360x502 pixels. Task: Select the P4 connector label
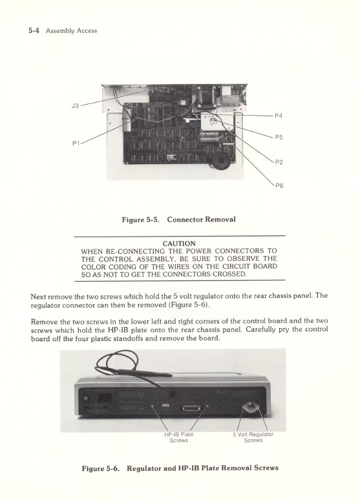tap(279, 116)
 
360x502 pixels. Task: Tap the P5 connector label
tap(279, 137)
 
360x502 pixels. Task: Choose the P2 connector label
tap(279, 162)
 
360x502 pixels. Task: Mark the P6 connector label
tap(279, 185)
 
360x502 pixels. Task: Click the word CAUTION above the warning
tap(179, 244)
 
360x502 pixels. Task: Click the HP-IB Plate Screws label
tap(178, 437)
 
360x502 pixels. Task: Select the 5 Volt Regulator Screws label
tap(253, 437)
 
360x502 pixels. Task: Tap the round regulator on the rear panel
tap(251, 408)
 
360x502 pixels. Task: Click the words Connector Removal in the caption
tap(201, 220)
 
